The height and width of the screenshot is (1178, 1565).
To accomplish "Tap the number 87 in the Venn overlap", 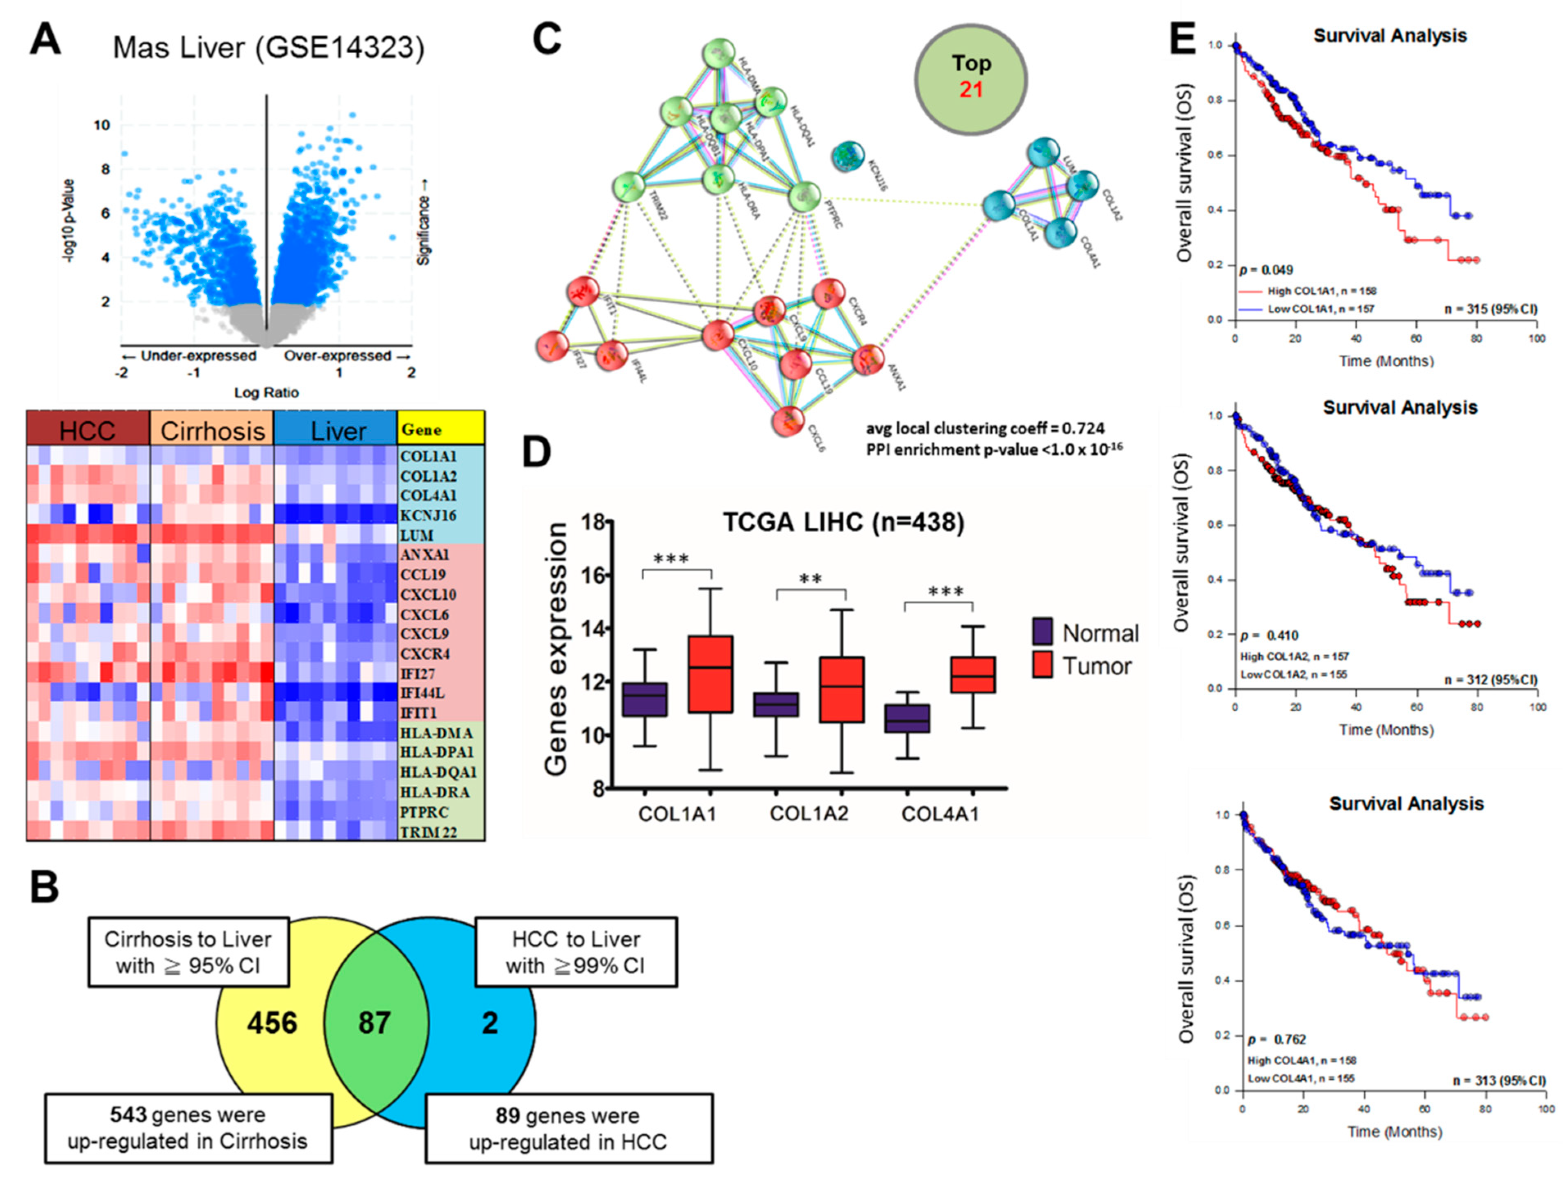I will [374, 1022].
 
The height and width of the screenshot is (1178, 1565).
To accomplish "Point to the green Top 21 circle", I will [971, 78].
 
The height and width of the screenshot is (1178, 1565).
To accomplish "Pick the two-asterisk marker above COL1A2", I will [811, 579].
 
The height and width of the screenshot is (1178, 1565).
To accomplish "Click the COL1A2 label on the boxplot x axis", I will [809, 814].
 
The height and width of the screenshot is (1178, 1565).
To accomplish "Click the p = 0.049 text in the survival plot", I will [1266, 270].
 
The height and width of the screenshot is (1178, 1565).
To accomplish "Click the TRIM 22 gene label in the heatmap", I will [428, 832].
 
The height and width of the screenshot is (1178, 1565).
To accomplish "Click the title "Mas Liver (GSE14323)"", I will [269, 48].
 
